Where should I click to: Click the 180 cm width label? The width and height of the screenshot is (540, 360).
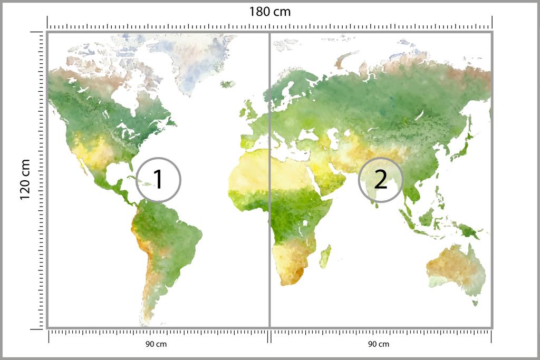point(269,12)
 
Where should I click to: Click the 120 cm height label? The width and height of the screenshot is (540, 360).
point(24,180)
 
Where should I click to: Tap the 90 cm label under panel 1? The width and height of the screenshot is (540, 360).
point(156,344)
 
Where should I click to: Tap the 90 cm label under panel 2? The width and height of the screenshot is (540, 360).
point(378,344)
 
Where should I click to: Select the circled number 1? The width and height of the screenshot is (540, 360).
point(158,180)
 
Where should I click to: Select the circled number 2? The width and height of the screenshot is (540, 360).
point(380,180)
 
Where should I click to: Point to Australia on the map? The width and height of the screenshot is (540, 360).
point(455,269)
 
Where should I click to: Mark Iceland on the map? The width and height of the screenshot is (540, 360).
point(228,84)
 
